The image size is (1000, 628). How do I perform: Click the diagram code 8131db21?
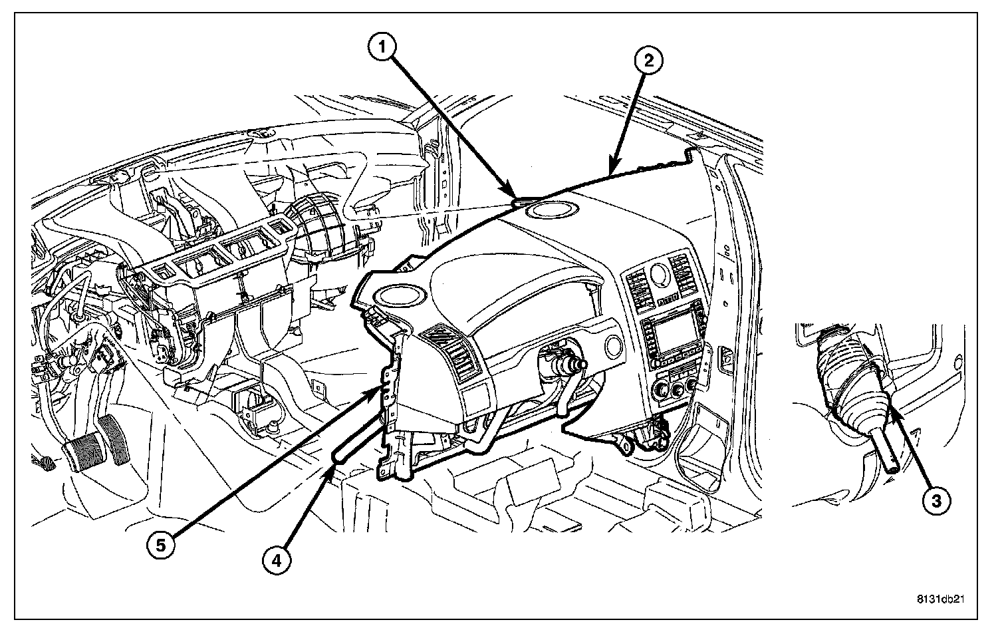pyautogui.click(x=940, y=599)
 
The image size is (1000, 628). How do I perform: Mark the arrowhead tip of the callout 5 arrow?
pyautogui.click(x=382, y=392)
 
